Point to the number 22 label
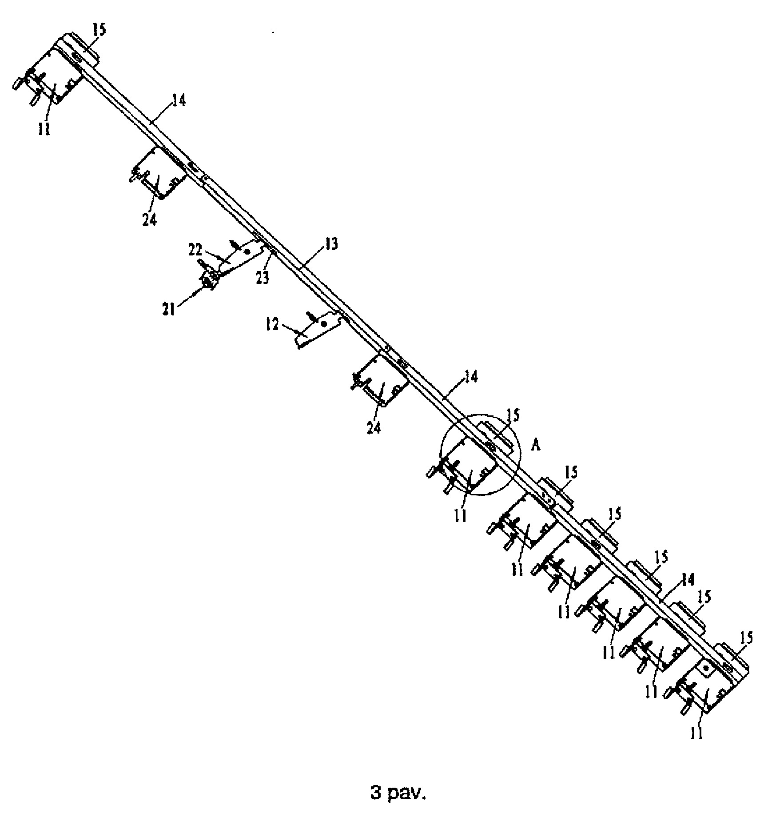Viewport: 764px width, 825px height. tap(196, 251)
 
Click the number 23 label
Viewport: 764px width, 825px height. tap(262, 279)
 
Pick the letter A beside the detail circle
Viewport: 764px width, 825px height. tap(536, 446)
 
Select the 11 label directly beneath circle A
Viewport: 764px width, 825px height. tap(461, 516)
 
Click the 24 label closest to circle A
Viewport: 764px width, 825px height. tap(374, 429)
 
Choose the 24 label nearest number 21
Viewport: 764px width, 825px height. tap(150, 220)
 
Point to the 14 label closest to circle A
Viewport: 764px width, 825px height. tap(471, 377)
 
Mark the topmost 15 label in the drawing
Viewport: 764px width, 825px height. tap(99, 31)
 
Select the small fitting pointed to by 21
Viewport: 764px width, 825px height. tap(209, 281)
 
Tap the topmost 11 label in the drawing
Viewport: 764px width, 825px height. tap(44, 129)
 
